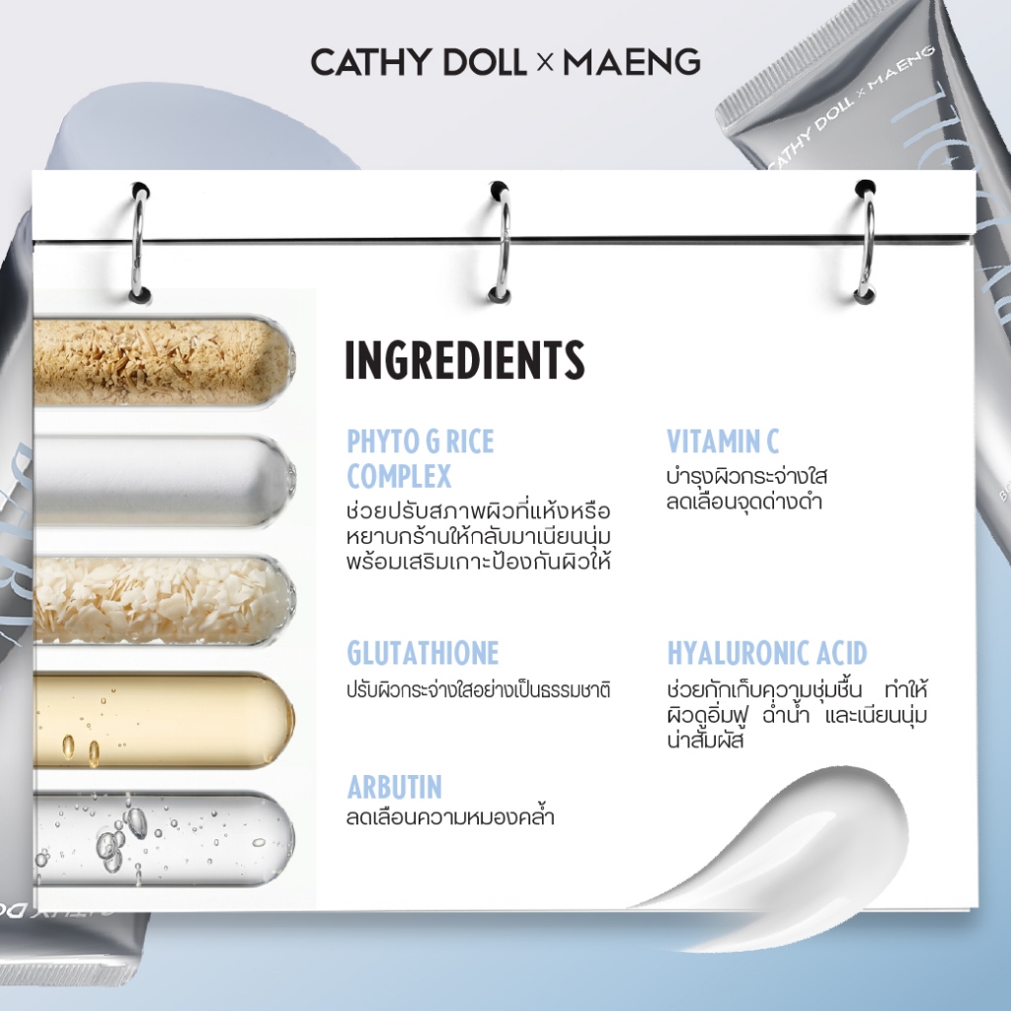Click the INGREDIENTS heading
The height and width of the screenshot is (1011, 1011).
tap(465, 359)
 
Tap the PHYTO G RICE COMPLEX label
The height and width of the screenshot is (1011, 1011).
tap(421, 459)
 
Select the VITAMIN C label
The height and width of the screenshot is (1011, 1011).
tap(723, 441)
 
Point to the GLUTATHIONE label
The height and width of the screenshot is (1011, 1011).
tap(423, 653)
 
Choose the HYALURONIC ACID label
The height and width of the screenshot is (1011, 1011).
tap(767, 653)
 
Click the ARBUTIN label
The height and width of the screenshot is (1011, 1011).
tap(395, 787)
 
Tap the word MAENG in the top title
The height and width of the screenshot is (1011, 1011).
tap(632, 62)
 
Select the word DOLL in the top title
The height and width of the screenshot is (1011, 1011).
tap(484, 62)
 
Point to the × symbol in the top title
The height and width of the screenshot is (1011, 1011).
tap(545, 62)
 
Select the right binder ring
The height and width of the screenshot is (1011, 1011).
tap(866, 242)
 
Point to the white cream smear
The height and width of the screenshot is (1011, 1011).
tap(793, 845)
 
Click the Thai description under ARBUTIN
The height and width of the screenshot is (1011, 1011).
tap(450, 817)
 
